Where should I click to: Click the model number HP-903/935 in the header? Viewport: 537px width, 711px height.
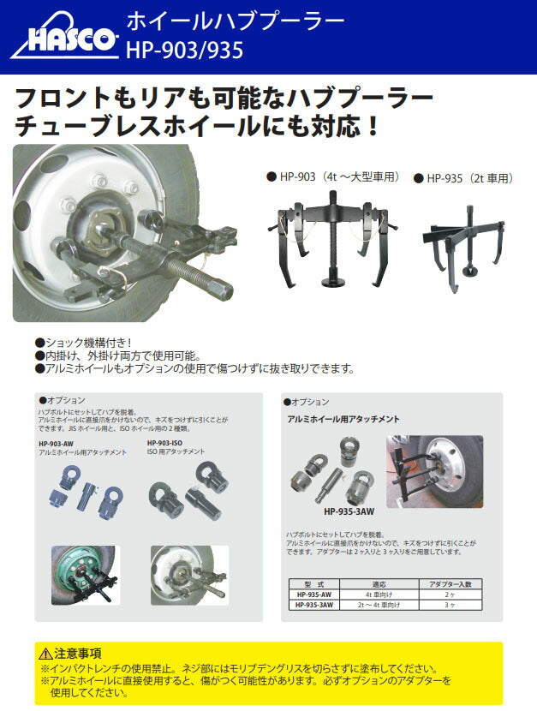pos(184,51)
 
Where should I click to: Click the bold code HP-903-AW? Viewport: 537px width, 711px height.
pos(57,443)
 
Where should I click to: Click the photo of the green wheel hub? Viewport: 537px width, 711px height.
pos(85,575)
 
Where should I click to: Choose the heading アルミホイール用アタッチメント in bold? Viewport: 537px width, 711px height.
pos(343,419)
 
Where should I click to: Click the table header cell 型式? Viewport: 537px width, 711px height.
pos(316,583)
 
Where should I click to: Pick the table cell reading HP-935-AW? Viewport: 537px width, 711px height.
pos(316,593)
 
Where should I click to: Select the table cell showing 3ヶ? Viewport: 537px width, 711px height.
pos(450,604)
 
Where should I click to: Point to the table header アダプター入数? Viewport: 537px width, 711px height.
pos(450,583)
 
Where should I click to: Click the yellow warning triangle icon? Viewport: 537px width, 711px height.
pos(45,653)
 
